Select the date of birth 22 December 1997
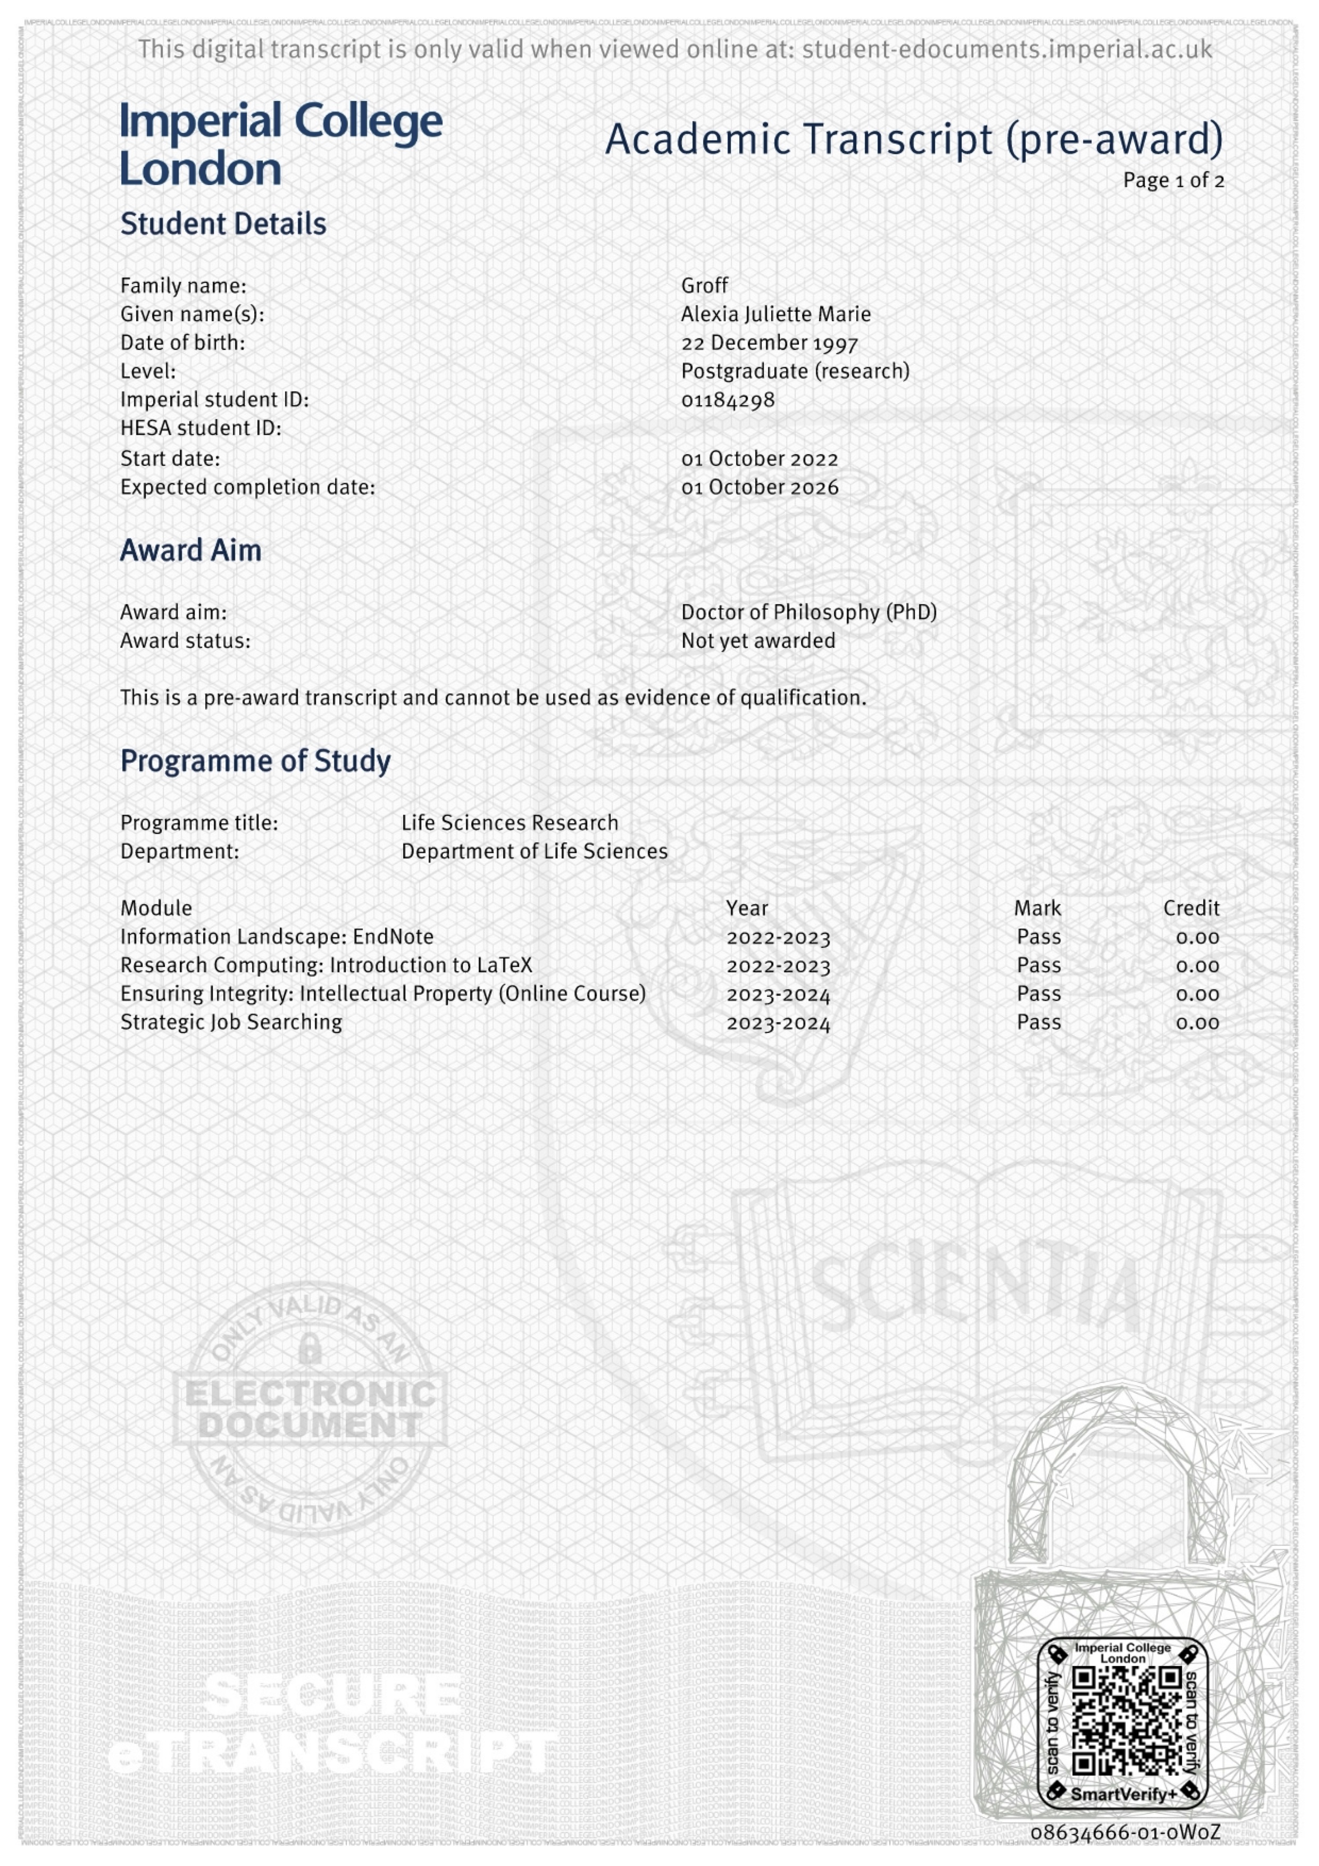(x=769, y=343)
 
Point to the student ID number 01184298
(x=728, y=400)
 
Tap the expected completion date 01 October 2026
(x=759, y=488)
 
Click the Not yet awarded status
(x=757, y=640)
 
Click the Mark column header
(x=1037, y=908)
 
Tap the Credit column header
(x=1191, y=908)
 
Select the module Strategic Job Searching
(x=231, y=1022)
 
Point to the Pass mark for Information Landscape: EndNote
(x=1039, y=937)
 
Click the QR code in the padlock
(x=1126, y=1721)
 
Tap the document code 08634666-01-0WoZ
(x=1125, y=1832)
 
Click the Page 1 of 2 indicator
(x=1173, y=180)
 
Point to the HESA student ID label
(x=200, y=428)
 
